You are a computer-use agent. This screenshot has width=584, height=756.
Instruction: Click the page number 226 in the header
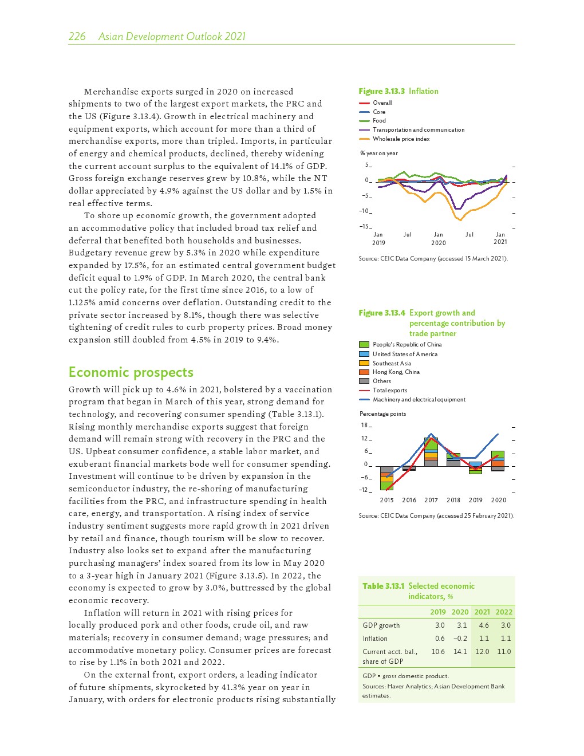(x=77, y=37)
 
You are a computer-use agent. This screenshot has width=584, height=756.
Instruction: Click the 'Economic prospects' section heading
(x=131, y=372)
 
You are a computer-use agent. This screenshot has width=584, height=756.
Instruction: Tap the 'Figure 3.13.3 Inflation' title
(x=398, y=91)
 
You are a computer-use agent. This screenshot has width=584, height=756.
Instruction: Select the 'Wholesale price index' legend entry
(x=401, y=139)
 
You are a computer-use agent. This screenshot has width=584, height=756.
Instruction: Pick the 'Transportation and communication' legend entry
(x=419, y=130)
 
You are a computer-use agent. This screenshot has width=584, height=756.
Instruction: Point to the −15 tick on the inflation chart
(x=365, y=227)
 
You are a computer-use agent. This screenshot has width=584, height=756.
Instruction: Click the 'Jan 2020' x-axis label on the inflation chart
(x=439, y=238)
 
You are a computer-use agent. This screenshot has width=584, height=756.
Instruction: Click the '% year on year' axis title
(x=378, y=153)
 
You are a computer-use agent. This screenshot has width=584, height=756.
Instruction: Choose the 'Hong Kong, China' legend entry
(x=396, y=372)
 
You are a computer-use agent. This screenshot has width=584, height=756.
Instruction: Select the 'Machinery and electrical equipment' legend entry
(x=419, y=400)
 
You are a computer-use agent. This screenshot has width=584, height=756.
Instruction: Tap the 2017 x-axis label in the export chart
(x=431, y=500)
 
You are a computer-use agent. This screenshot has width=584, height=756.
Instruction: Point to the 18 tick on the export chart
(x=365, y=426)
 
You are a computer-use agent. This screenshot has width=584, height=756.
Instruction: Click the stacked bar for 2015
(x=386, y=478)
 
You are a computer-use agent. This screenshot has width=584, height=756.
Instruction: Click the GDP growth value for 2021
(x=483, y=625)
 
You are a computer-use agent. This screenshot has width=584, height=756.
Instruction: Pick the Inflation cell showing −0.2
(x=460, y=639)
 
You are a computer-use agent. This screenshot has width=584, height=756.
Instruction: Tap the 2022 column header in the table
(x=504, y=612)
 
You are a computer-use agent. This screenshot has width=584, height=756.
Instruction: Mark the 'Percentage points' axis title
(x=382, y=414)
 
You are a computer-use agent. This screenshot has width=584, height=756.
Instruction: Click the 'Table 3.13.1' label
(x=383, y=586)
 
